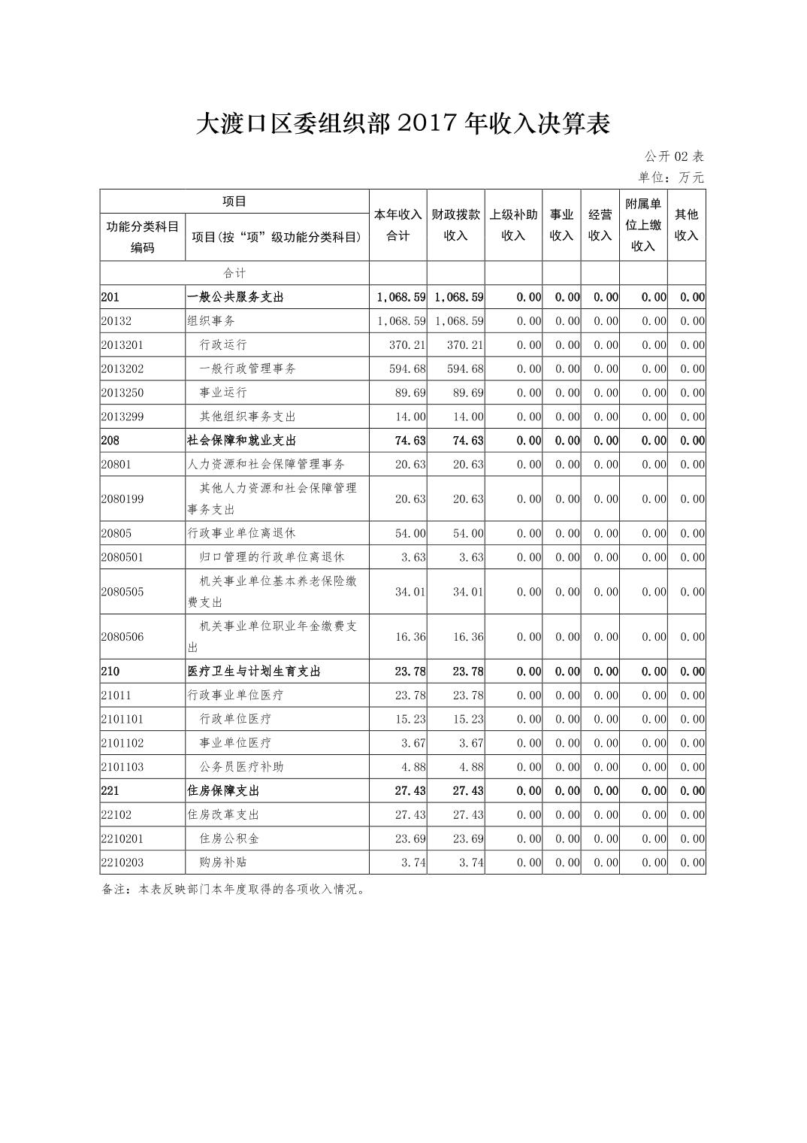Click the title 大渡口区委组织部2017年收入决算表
(x=403, y=124)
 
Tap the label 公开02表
(x=673, y=156)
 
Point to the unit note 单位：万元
(x=671, y=177)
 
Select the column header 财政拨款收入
(x=455, y=225)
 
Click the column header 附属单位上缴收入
(x=643, y=225)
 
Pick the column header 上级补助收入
(x=513, y=225)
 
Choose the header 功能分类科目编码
(x=143, y=237)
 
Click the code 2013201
(x=122, y=345)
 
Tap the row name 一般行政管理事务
(x=247, y=368)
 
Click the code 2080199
(x=122, y=499)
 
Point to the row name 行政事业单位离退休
(x=241, y=533)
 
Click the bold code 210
(x=110, y=672)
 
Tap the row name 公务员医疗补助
(x=241, y=767)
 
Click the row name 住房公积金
(x=229, y=838)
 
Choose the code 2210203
(x=122, y=863)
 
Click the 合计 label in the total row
(x=234, y=273)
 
